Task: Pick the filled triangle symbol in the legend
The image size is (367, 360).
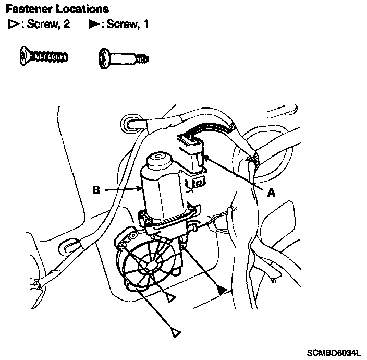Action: [94, 24]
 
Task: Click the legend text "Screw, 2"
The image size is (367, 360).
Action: [48, 24]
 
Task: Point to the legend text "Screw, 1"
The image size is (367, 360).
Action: [128, 24]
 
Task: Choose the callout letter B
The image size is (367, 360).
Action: [96, 190]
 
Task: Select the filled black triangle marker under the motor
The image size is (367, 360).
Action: [223, 290]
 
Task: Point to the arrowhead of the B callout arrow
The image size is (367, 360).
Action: [140, 190]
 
